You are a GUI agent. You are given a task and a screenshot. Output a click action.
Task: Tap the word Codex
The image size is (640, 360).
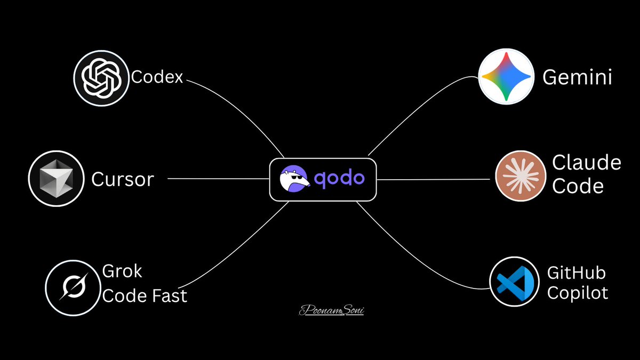click(157, 78)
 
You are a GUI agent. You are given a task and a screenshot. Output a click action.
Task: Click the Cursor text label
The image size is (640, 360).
click(122, 179)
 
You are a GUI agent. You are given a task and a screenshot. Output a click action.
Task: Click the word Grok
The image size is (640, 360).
click(122, 271)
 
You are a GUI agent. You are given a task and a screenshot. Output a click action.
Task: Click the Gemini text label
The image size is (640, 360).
click(577, 78)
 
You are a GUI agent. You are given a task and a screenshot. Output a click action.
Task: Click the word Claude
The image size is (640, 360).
click(586, 163)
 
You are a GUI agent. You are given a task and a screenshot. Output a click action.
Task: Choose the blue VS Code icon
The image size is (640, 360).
click(513, 282)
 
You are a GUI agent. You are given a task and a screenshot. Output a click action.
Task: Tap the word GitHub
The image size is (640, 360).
click(576, 274)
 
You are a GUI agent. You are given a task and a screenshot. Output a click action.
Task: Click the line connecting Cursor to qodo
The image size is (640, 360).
click(219, 179)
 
